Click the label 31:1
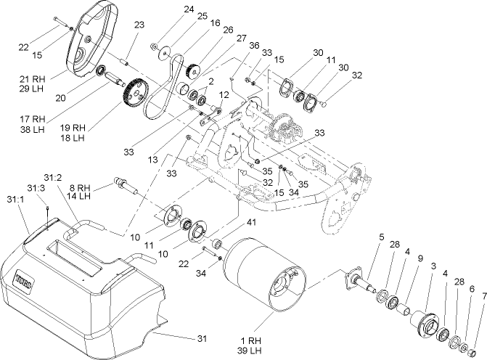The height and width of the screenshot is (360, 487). (15, 198)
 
